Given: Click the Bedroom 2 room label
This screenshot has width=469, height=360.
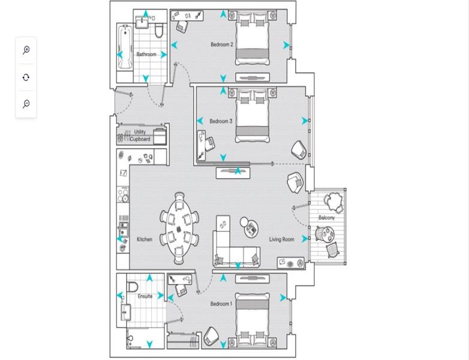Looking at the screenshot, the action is pyautogui.click(x=222, y=44).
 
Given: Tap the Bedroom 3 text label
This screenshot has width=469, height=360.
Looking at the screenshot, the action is pyautogui.click(x=221, y=121).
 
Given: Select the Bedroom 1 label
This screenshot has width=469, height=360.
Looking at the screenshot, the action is pyautogui.click(x=221, y=304).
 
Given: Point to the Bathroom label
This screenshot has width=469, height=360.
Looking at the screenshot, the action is pyautogui.click(x=146, y=54).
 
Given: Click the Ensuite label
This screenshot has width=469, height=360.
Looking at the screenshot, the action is pyautogui.click(x=145, y=296).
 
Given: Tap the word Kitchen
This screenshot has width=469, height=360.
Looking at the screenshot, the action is pyautogui.click(x=145, y=239).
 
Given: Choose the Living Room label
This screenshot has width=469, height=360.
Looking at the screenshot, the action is pyautogui.click(x=281, y=239).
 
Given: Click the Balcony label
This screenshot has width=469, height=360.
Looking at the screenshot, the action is pyautogui.click(x=326, y=218).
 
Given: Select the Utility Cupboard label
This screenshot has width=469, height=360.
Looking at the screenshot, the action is pyautogui.click(x=140, y=136).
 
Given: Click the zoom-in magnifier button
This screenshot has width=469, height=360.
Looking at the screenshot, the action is pyautogui.click(x=26, y=50).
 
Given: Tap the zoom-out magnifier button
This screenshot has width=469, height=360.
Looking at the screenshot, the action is pyautogui.click(x=26, y=104).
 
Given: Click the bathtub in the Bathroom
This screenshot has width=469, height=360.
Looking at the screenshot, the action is pyautogui.click(x=125, y=47).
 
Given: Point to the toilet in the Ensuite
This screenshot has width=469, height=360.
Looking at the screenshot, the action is pyautogui.click(x=132, y=286).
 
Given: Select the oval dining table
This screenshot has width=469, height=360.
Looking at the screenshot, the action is pyautogui.click(x=179, y=228).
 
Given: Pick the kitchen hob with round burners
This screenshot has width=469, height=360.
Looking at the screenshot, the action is pyautogui.click(x=123, y=194).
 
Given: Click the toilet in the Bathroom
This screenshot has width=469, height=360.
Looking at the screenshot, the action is pyautogui.click(x=159, y=30).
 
